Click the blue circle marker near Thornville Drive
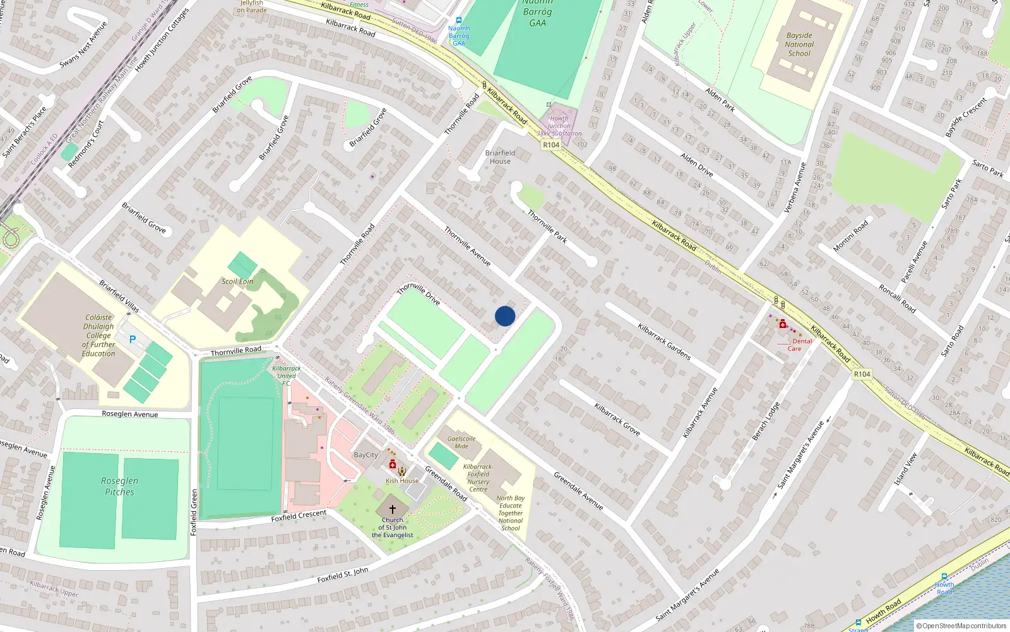tap(505, 316)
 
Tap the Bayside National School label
tap(799, 44)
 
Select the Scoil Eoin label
tap(237, 281)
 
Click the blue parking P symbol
tap(133, 339)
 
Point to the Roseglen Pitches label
tap(119, 486)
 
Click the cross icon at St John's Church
tap(392, 509)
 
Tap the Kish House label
tap(402, 480)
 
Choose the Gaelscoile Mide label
tap(461, 442)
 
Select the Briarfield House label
tap(500, 157)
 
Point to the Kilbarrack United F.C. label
tap(287, 375)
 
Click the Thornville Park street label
tap(547, 226)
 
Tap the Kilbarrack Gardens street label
tap(664, 342)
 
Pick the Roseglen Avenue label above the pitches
tap(130, 414)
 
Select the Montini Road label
tap(850, 236)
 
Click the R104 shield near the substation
tap(551, 145)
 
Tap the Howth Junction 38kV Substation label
tap(559, 126)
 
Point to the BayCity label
tap(366, 455)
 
